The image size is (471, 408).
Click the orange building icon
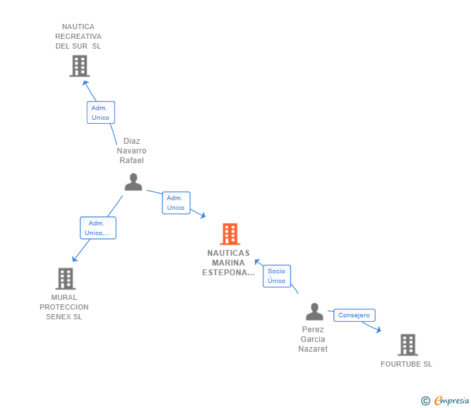coord(230,234)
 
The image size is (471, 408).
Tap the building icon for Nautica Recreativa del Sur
coord(79,65)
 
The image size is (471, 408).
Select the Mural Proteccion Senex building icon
coord(65,278)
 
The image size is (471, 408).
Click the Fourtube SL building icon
coord(407,345)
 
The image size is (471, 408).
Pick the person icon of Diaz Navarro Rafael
coord(133,182)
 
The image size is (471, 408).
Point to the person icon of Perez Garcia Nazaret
coord(314,312)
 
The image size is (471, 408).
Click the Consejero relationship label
coord(354,315)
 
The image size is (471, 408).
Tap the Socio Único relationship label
coord(276,276)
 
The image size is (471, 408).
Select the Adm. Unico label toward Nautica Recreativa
coord(100,113)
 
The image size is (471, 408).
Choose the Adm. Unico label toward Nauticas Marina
coord(175,203)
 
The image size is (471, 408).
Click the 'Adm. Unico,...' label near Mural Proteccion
coord(98,228)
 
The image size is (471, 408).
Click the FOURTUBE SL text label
coord(406,364)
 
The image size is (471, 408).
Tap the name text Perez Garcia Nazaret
coord(312,339)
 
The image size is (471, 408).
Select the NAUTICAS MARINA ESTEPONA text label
coord(228,263)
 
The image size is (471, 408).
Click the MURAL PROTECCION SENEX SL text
coord(64,307)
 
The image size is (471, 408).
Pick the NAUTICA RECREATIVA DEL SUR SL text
coord(78,36)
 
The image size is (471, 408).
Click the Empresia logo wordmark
coord(452,401)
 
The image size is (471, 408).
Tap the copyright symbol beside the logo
coord(426,401)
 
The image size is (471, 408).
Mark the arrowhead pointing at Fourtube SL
coord(379,330)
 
